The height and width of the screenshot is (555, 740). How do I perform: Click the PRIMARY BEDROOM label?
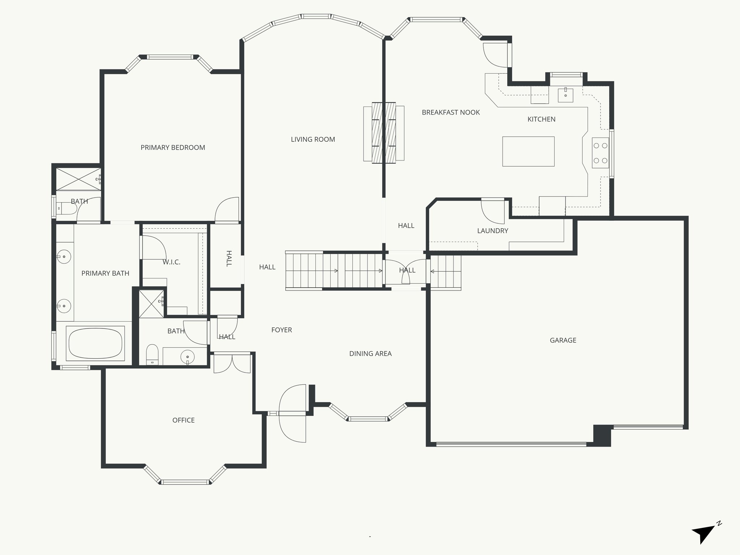pos(173,147)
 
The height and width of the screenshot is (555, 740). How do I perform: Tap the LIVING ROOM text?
pos(313,139)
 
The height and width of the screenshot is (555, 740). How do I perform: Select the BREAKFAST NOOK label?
pos(451,112)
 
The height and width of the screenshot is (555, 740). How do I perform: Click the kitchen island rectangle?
pos(528,151)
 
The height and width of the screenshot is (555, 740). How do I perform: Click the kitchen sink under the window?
pos(565,95)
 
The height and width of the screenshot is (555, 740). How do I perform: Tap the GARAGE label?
pos(563,340)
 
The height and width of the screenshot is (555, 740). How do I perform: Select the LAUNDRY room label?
pos(492,231)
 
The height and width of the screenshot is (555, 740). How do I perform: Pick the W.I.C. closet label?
pos(171,262)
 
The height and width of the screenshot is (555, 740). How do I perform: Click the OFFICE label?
pos(184,420)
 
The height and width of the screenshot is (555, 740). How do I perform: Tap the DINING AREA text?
pos(370,354)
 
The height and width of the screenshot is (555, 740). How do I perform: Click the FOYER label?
pos(281,330)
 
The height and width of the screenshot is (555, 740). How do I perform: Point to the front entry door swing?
pos(293,413)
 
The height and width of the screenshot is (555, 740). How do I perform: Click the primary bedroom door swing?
pos(228,209)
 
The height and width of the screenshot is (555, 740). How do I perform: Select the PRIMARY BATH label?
pos(105,274)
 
